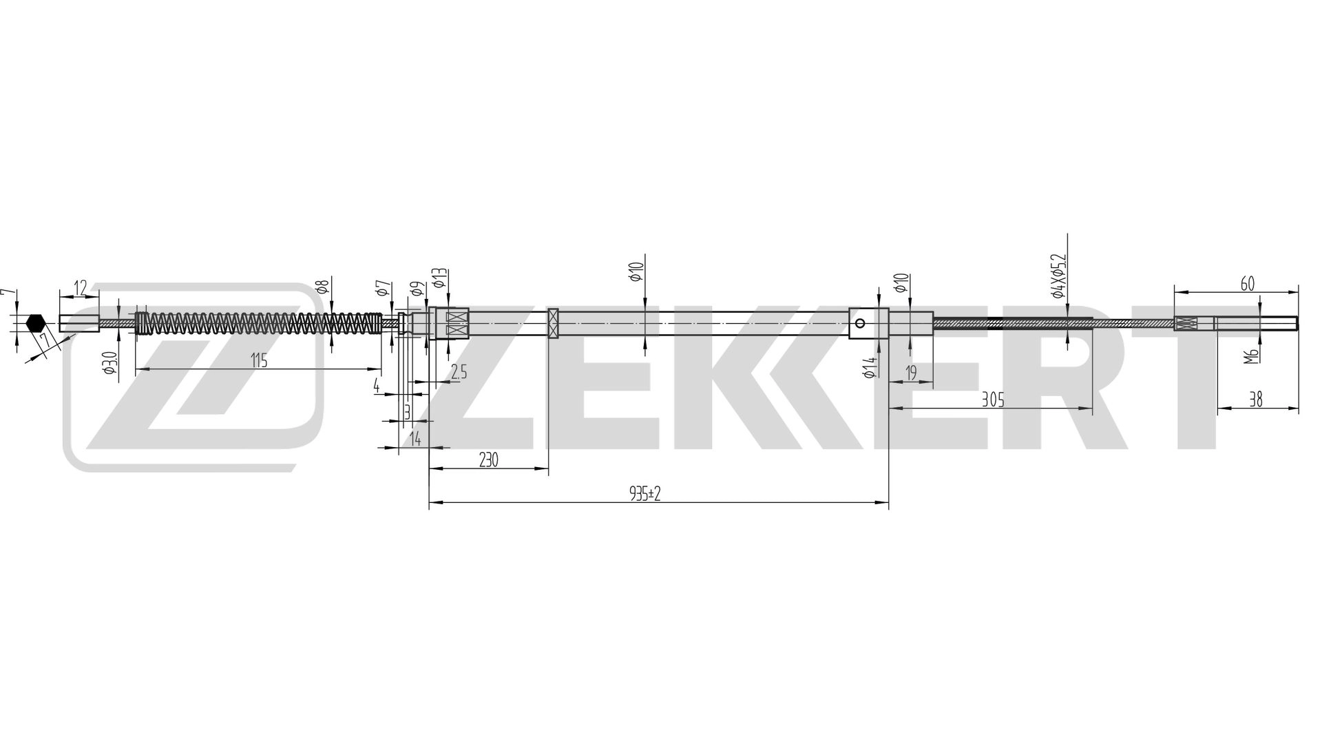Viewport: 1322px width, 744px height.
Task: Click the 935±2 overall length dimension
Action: pyautogui.click(x=644, y=493)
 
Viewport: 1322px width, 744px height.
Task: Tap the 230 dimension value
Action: pyautogui.click(x=487, y=460)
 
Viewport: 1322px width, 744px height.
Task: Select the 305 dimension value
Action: pyautogui.click(x=993, y=400)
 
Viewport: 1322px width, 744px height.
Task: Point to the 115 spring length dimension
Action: pyautogui.click(x=258, y=361)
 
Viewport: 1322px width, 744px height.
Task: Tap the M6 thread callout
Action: pyautogui.click(x=1253, y=355)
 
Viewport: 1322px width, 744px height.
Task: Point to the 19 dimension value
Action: pyautogui.click(x=911, y=373)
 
